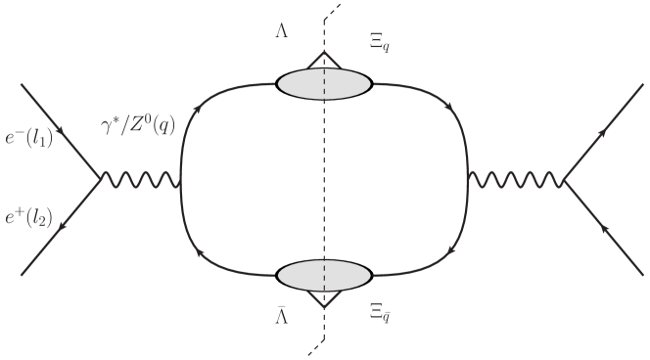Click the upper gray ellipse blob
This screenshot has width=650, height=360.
pyautogui.click(x=324, y=85)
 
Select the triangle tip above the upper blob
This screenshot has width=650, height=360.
pyautogui.click(x=324, y=54)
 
